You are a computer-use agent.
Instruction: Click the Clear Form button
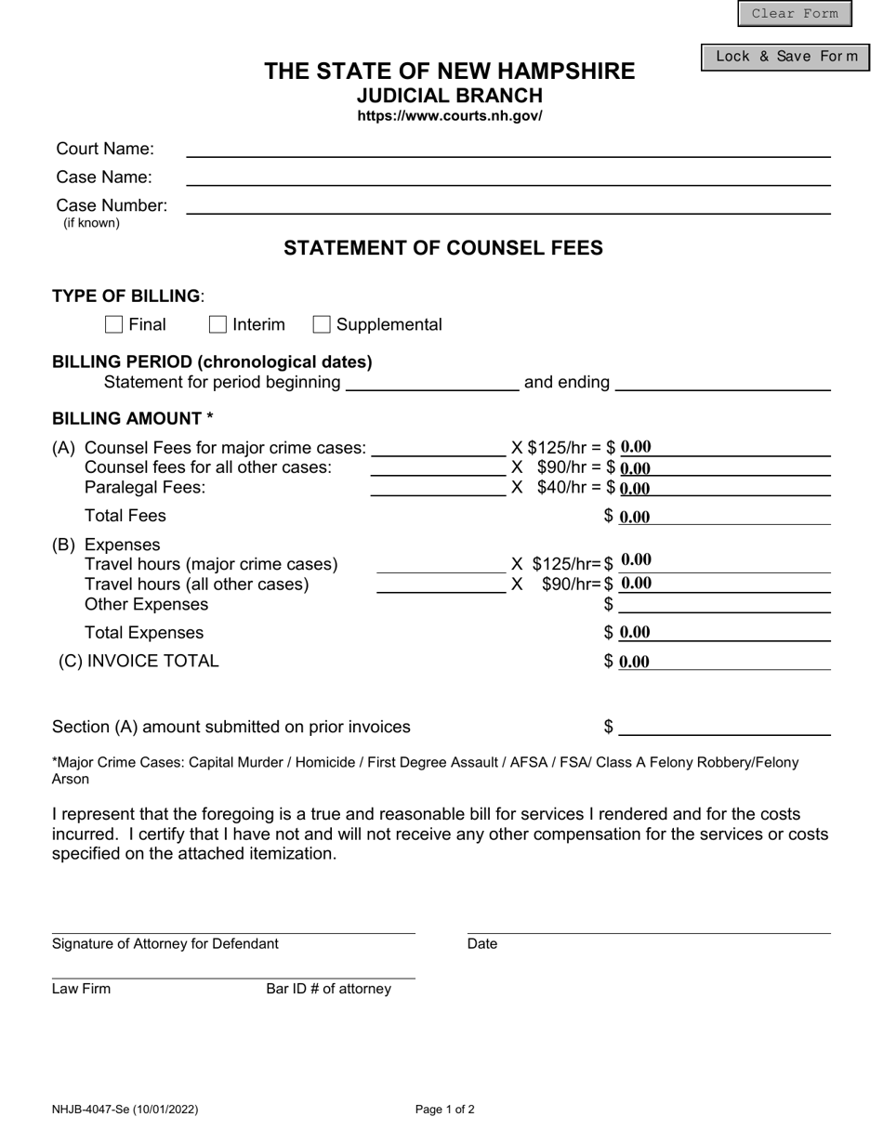(x=794, y=13)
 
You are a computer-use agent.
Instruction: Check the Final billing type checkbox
(x=114, y=324)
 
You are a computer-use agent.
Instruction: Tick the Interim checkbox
(x=217, y=324)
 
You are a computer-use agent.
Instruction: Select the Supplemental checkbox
(x=322, y=324)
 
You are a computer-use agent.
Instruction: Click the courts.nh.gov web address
(x=450, y=116)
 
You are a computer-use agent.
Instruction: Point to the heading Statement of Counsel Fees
(x=442, y=248)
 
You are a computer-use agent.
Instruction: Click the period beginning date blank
(x=431, y=382)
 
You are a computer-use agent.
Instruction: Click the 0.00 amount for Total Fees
(x=635, y=517)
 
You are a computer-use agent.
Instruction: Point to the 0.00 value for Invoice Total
(x=635, y=662)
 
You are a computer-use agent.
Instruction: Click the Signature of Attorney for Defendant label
(x=165, y=944)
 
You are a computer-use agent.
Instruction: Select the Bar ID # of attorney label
(x=328, y=989)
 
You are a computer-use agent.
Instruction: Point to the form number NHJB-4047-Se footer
(x=125, y=1109)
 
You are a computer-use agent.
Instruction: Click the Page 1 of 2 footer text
(x=444, y=1109)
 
